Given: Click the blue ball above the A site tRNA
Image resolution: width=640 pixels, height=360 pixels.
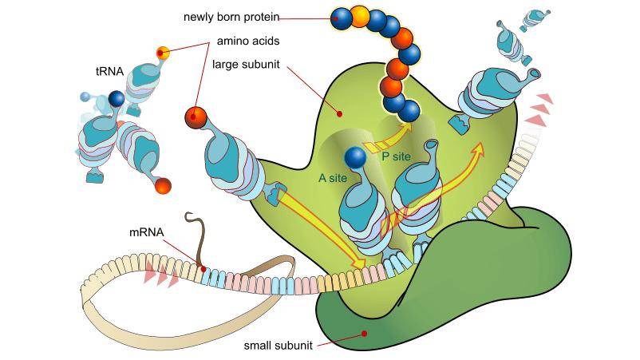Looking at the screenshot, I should [355, 159].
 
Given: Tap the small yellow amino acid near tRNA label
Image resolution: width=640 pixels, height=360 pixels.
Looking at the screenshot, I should [163, 53].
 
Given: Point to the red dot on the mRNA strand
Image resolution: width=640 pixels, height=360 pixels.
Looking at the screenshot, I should [203, 269].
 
